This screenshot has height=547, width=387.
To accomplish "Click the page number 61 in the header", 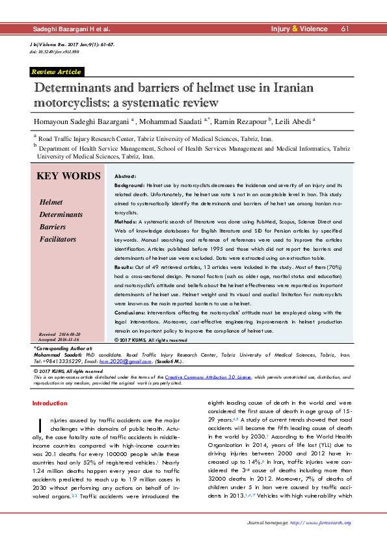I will (345, 29).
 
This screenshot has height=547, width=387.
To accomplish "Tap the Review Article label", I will (56, 72).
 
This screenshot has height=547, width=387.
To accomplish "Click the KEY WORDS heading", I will (68, 177).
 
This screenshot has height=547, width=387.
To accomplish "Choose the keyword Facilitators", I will (58, 239).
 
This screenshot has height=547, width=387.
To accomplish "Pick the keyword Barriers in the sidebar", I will (53, 227).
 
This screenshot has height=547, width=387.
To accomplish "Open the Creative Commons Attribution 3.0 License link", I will (208, 377).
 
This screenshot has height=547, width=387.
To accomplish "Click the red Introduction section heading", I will (50, 403).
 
